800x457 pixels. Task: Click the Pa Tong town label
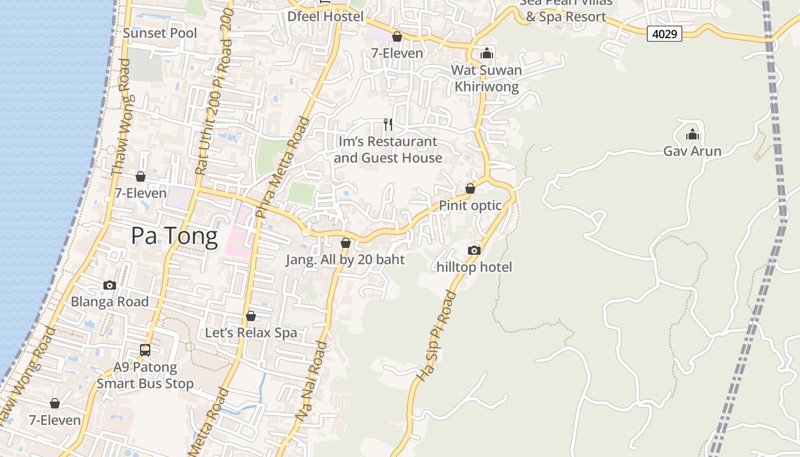[174, 236]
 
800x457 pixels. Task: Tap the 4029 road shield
[665, 34]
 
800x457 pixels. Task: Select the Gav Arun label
[692, 151]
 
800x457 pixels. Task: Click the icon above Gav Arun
[693, 135]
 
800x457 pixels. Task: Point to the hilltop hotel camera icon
[474, 250]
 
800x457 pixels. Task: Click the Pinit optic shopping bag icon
[470, 189]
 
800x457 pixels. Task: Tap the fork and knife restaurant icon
[388, 125]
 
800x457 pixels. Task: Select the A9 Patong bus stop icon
[145, 350]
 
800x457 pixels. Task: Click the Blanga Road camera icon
[110, 285]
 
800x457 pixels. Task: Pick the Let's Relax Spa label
[251, 332]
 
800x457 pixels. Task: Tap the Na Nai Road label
[312, 382]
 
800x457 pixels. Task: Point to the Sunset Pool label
[160, 33]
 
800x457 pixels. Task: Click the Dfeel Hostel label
[325, 17]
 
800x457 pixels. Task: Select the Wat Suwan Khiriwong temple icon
[487, 54]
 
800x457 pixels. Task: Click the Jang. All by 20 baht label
[345, 260]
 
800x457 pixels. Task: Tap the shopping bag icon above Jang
[345, 243]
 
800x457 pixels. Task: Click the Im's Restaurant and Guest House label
[387, 150]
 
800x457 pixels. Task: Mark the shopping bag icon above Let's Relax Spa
[250, 316]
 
